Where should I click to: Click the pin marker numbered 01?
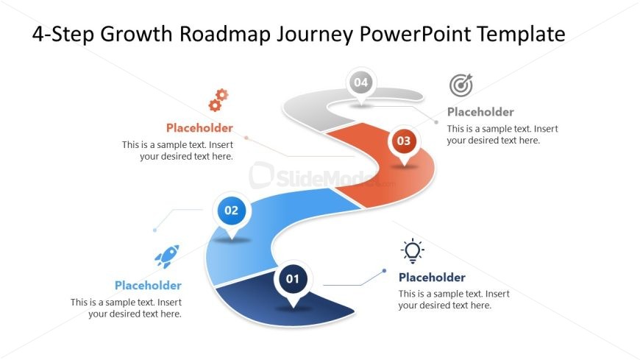[293, 281]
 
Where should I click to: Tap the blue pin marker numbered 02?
[232, 213]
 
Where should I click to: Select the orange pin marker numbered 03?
[404, 143]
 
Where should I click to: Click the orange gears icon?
[218, 100]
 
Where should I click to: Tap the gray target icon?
[461, 85]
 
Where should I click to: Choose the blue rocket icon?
[167, 256]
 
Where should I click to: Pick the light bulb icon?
[412, 250]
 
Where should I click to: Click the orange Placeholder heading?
[199, 128]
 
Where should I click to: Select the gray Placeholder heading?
[480, 112]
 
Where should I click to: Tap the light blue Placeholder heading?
[148, 285]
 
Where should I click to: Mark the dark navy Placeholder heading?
[432, 278]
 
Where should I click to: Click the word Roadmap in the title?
[225, 34]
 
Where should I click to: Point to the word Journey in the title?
[316, 35]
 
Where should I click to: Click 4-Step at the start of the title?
[63, 35]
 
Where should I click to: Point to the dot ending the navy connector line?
[384, 271]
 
